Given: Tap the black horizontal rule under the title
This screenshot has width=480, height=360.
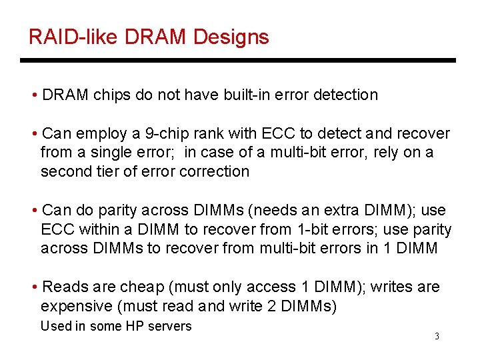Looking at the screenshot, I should click(237, 60).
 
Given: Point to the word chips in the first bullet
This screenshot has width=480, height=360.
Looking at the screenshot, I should click(111, 95).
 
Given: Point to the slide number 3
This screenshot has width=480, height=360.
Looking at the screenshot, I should click(437, 336).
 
